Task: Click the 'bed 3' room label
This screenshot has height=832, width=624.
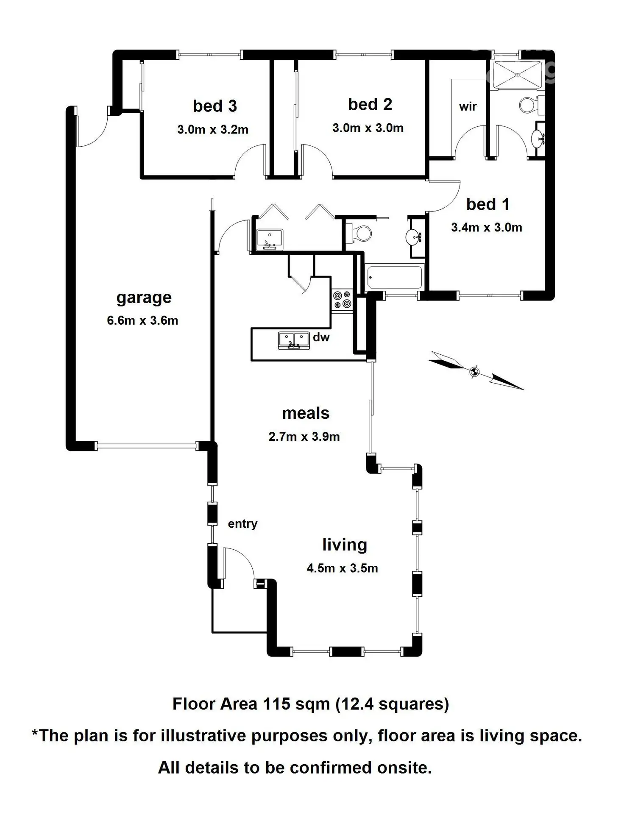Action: [214, 106]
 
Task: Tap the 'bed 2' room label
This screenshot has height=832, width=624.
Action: [370, 104]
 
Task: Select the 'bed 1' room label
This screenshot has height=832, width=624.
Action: [487, 204]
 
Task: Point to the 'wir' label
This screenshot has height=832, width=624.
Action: [468, 106]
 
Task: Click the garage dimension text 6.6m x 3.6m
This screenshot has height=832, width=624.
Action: [142, 320]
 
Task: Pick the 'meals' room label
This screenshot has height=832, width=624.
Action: [306, 413]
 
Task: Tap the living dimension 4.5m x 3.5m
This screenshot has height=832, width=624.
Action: [342, 568]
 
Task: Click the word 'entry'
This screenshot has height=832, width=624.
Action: [242, 524]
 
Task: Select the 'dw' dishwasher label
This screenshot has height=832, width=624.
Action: [321, 337]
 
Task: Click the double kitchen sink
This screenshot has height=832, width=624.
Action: [293, 340]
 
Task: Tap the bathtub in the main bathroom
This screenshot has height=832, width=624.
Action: [394, 277]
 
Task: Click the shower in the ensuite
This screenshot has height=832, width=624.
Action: [517, 75]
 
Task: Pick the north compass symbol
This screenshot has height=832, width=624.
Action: [475, 371]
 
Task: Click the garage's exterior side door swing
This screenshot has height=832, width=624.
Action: [91, 131]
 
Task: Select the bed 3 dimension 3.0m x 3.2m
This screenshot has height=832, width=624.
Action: [213, 130]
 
